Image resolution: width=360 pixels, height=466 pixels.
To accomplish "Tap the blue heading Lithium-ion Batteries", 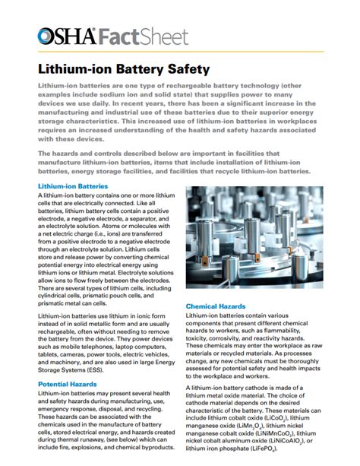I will (x=73, y=186).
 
